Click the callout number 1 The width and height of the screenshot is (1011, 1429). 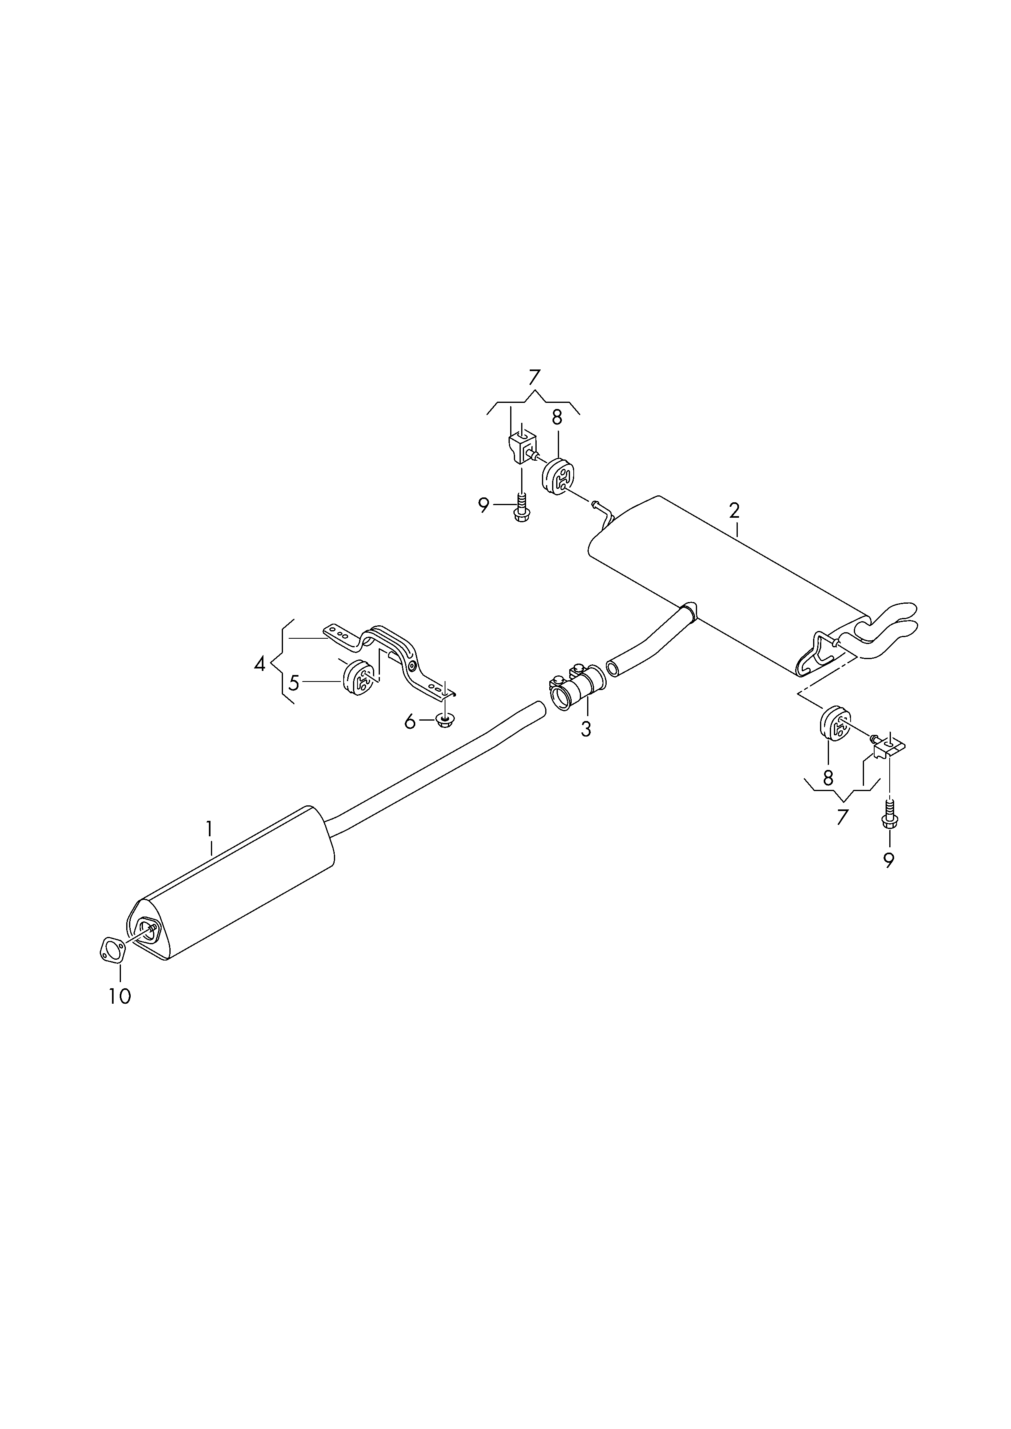click(x=210, y=829)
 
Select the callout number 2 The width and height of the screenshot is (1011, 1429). click(x=735, y=510)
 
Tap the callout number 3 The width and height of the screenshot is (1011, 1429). click(x=586, y=729)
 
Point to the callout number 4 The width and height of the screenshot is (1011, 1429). click(x=260, y=664)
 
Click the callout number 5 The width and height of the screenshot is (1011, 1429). click(x=294, y=683)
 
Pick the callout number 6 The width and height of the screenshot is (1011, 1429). click(x=410, y=722)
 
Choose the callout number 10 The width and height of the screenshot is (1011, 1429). click(x=120, y=996)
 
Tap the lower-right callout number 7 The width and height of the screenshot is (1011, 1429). click(x=842, y=817)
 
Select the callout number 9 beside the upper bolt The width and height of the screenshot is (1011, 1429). click(x=484, y=506)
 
